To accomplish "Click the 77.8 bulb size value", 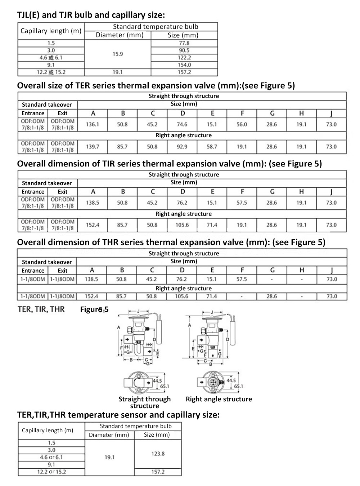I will click(184, 43).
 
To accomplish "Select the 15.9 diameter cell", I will click(118, 54).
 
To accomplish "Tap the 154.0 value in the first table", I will click(184, 65).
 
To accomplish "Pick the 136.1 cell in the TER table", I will click(93, 124).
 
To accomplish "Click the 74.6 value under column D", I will click(182, 124).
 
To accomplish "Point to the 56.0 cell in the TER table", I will click(242, 124).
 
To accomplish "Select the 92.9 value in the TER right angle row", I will click(182, 147).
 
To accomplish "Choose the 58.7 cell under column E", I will click(212, 147).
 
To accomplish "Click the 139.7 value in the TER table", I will click(93, 147).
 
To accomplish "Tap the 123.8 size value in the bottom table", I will click(158, 454).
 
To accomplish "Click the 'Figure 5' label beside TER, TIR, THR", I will click(94, 309).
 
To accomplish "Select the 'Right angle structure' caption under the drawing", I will click(219, 399).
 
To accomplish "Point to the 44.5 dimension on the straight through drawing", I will click(157, 380).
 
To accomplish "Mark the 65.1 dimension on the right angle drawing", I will click(238, 386).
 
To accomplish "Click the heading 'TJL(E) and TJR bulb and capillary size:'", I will click(91, 15).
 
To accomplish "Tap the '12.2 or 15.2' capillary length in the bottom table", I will click(51, 472).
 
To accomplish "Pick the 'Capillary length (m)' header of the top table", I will click(51, 31).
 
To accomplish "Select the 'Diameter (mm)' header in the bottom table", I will click(109, 434).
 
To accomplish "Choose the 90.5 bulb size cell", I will click(184, 50).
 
